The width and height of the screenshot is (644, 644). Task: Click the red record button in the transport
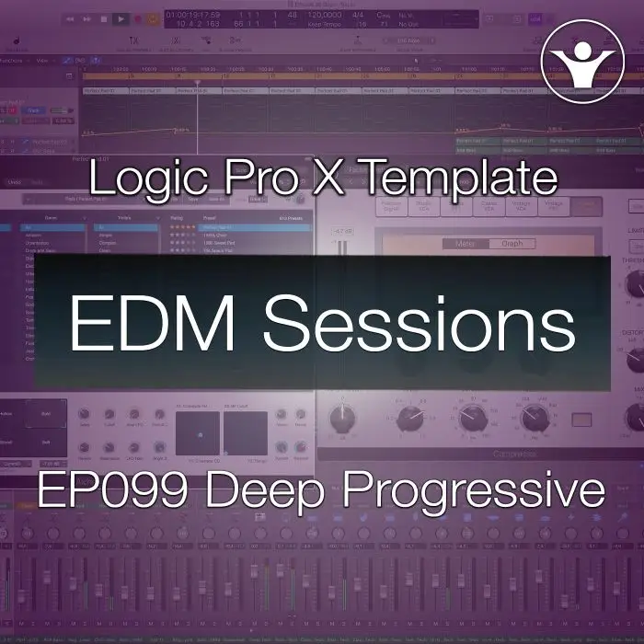(x=139, y=17)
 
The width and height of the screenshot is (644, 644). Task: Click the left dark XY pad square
(x=198, y=433)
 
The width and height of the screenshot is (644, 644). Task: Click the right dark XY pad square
(x=246, y=433)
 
